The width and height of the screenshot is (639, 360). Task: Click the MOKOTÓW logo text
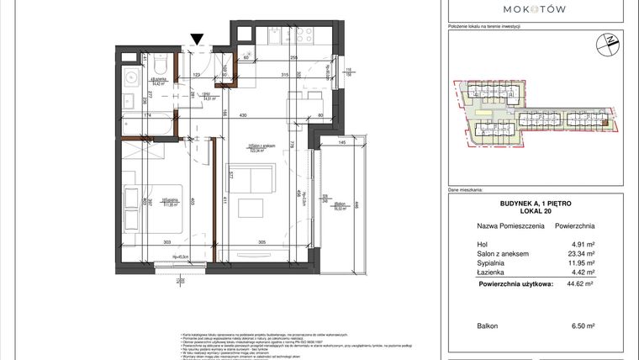(x=534, y=8)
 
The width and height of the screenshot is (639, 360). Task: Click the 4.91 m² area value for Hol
(x=584, y=246)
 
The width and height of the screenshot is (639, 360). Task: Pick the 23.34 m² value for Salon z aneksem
(x=583, y=255)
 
